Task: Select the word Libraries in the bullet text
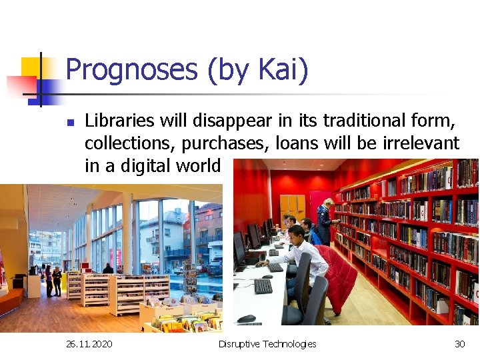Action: pyautogui.click(x=121, y=121)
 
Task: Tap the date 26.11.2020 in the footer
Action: pyautogui.click(x=89, y=344)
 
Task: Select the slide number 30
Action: pyautogui.click(x=459, y=344)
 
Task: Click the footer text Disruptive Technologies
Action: pyautogui.click(x=267, y=344)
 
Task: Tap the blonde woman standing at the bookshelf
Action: pyautogui.click(x=325, y=220)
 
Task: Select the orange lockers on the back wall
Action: pyautogui.click(x=292, y=206)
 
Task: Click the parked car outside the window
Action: pyautogui.click(x=215, y=267)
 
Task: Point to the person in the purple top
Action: pyautogui.click(x=57, y=280)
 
